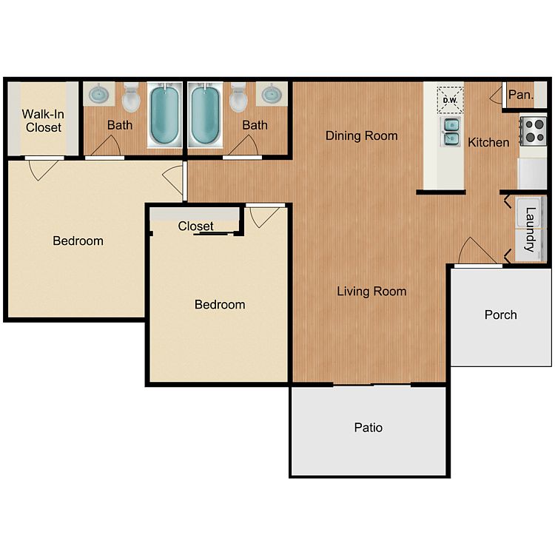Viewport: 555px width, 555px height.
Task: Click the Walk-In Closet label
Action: click(x=43, y=121)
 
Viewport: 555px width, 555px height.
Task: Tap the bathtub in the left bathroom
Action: click(x=164, y=115)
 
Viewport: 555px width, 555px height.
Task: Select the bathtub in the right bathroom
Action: click(x=205, y=115)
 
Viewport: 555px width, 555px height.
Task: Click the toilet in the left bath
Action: click(x=131, y=97)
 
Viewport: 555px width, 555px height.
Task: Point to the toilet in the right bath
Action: click(x=238, y=97)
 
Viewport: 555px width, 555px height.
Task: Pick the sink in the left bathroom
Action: click(x=98, y=94)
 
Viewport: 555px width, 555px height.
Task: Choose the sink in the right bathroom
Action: click(x=272, y=94)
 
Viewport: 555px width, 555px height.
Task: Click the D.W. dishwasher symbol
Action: click(x=450, y=100)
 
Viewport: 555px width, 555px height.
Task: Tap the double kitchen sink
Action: click(x=450, y=132)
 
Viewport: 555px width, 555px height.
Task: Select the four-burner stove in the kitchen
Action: click(x=534, y=130)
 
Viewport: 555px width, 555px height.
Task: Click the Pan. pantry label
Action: click(x=521, y=95)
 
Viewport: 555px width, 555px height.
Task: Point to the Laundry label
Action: click(x=530, y=229)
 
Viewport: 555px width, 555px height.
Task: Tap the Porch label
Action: click(x=500, y=314)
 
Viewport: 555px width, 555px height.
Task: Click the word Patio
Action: click(x=368, y=428)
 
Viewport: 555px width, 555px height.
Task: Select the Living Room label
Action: click(x=371, y=292)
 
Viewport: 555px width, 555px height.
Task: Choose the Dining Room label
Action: click(x=361, y=135)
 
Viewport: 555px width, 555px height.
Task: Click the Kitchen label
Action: click(x=488, y=142)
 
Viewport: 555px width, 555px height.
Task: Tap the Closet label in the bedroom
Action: click(x=195, y=226)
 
